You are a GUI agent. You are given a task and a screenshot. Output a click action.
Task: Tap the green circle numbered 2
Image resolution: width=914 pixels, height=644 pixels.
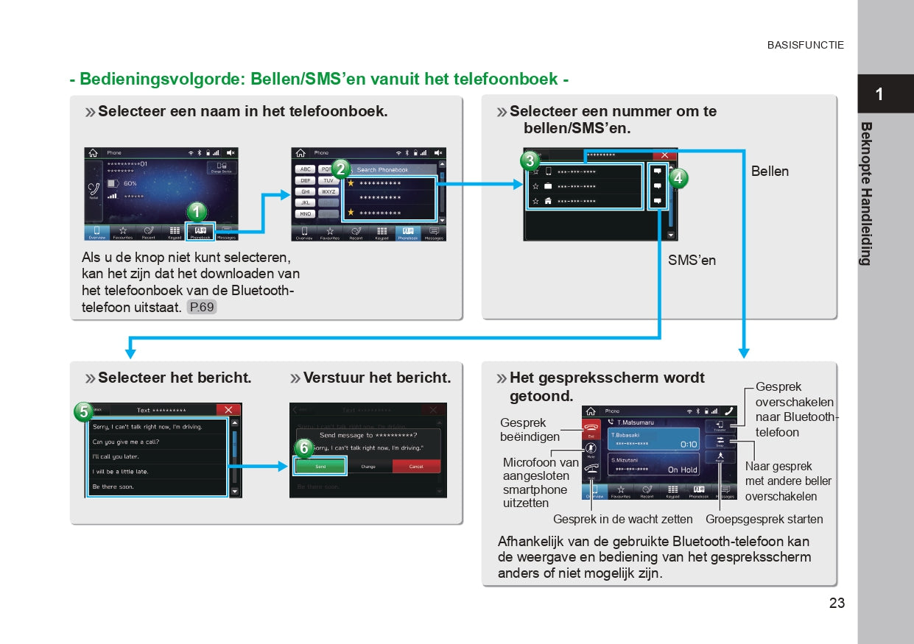click(340, 168)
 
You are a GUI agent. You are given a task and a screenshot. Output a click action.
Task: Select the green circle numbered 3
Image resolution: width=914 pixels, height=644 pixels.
click(529, 161)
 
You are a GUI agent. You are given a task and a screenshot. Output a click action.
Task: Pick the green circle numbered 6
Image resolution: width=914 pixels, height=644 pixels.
click(303, 448)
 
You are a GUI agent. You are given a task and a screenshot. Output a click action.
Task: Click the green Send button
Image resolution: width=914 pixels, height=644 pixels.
click(320, 467)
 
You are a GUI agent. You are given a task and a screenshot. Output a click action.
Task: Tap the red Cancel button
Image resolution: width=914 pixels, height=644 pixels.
click(416, 467)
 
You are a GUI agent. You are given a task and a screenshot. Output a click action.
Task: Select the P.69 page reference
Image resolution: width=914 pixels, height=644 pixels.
click(202, 307)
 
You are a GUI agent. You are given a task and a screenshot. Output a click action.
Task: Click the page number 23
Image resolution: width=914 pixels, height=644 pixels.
click(837, 604)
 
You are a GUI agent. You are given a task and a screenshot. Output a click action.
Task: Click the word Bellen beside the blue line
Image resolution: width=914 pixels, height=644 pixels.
click(770, 171)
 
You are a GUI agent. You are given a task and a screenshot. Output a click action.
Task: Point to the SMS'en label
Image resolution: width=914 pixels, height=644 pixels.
click(692, 261)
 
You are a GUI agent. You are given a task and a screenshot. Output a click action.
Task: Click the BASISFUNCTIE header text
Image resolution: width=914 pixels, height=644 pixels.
click(805, 45)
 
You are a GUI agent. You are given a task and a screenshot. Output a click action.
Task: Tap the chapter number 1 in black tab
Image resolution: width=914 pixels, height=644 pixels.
click(879, 94)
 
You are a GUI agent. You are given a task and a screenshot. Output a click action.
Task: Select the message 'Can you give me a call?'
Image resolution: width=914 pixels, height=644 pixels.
click(126, 442)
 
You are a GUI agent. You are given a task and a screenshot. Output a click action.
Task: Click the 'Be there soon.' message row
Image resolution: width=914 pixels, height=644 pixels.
click(113, 486)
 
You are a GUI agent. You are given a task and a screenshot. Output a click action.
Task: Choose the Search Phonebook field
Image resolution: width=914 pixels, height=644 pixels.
click(390, 170)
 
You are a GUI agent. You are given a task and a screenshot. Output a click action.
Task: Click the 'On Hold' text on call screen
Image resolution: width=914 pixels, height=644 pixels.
click(682, 470)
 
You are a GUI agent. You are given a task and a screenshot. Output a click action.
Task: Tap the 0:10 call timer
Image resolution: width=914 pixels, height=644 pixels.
click(688, 445)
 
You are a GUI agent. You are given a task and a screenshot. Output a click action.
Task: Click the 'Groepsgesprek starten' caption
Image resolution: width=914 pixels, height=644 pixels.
click(764, 520)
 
